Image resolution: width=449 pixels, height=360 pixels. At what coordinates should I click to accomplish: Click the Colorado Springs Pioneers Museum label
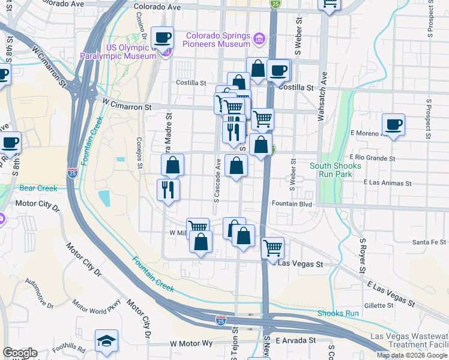click(217, 40)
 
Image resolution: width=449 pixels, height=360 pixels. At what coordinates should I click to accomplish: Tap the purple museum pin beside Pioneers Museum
click(259, 40)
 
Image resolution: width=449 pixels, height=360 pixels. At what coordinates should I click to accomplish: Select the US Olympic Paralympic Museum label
click(118, 52)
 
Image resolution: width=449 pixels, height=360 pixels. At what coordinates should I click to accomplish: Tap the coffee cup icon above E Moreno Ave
click(393, 125)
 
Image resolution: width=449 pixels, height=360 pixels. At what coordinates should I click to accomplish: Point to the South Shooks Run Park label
click(336, 170)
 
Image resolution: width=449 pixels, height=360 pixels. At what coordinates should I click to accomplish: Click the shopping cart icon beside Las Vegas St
click(273, 247)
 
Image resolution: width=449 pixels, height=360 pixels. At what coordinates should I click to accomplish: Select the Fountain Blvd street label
click(291, 204)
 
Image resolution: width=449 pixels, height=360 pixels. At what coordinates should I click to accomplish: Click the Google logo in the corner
click(20, 353)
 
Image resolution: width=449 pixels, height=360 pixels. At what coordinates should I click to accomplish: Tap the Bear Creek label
click(38, 188)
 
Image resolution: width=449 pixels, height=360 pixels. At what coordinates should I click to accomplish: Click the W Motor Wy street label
click(191, 343)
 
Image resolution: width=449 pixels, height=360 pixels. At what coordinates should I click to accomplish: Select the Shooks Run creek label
click(338, 313)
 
